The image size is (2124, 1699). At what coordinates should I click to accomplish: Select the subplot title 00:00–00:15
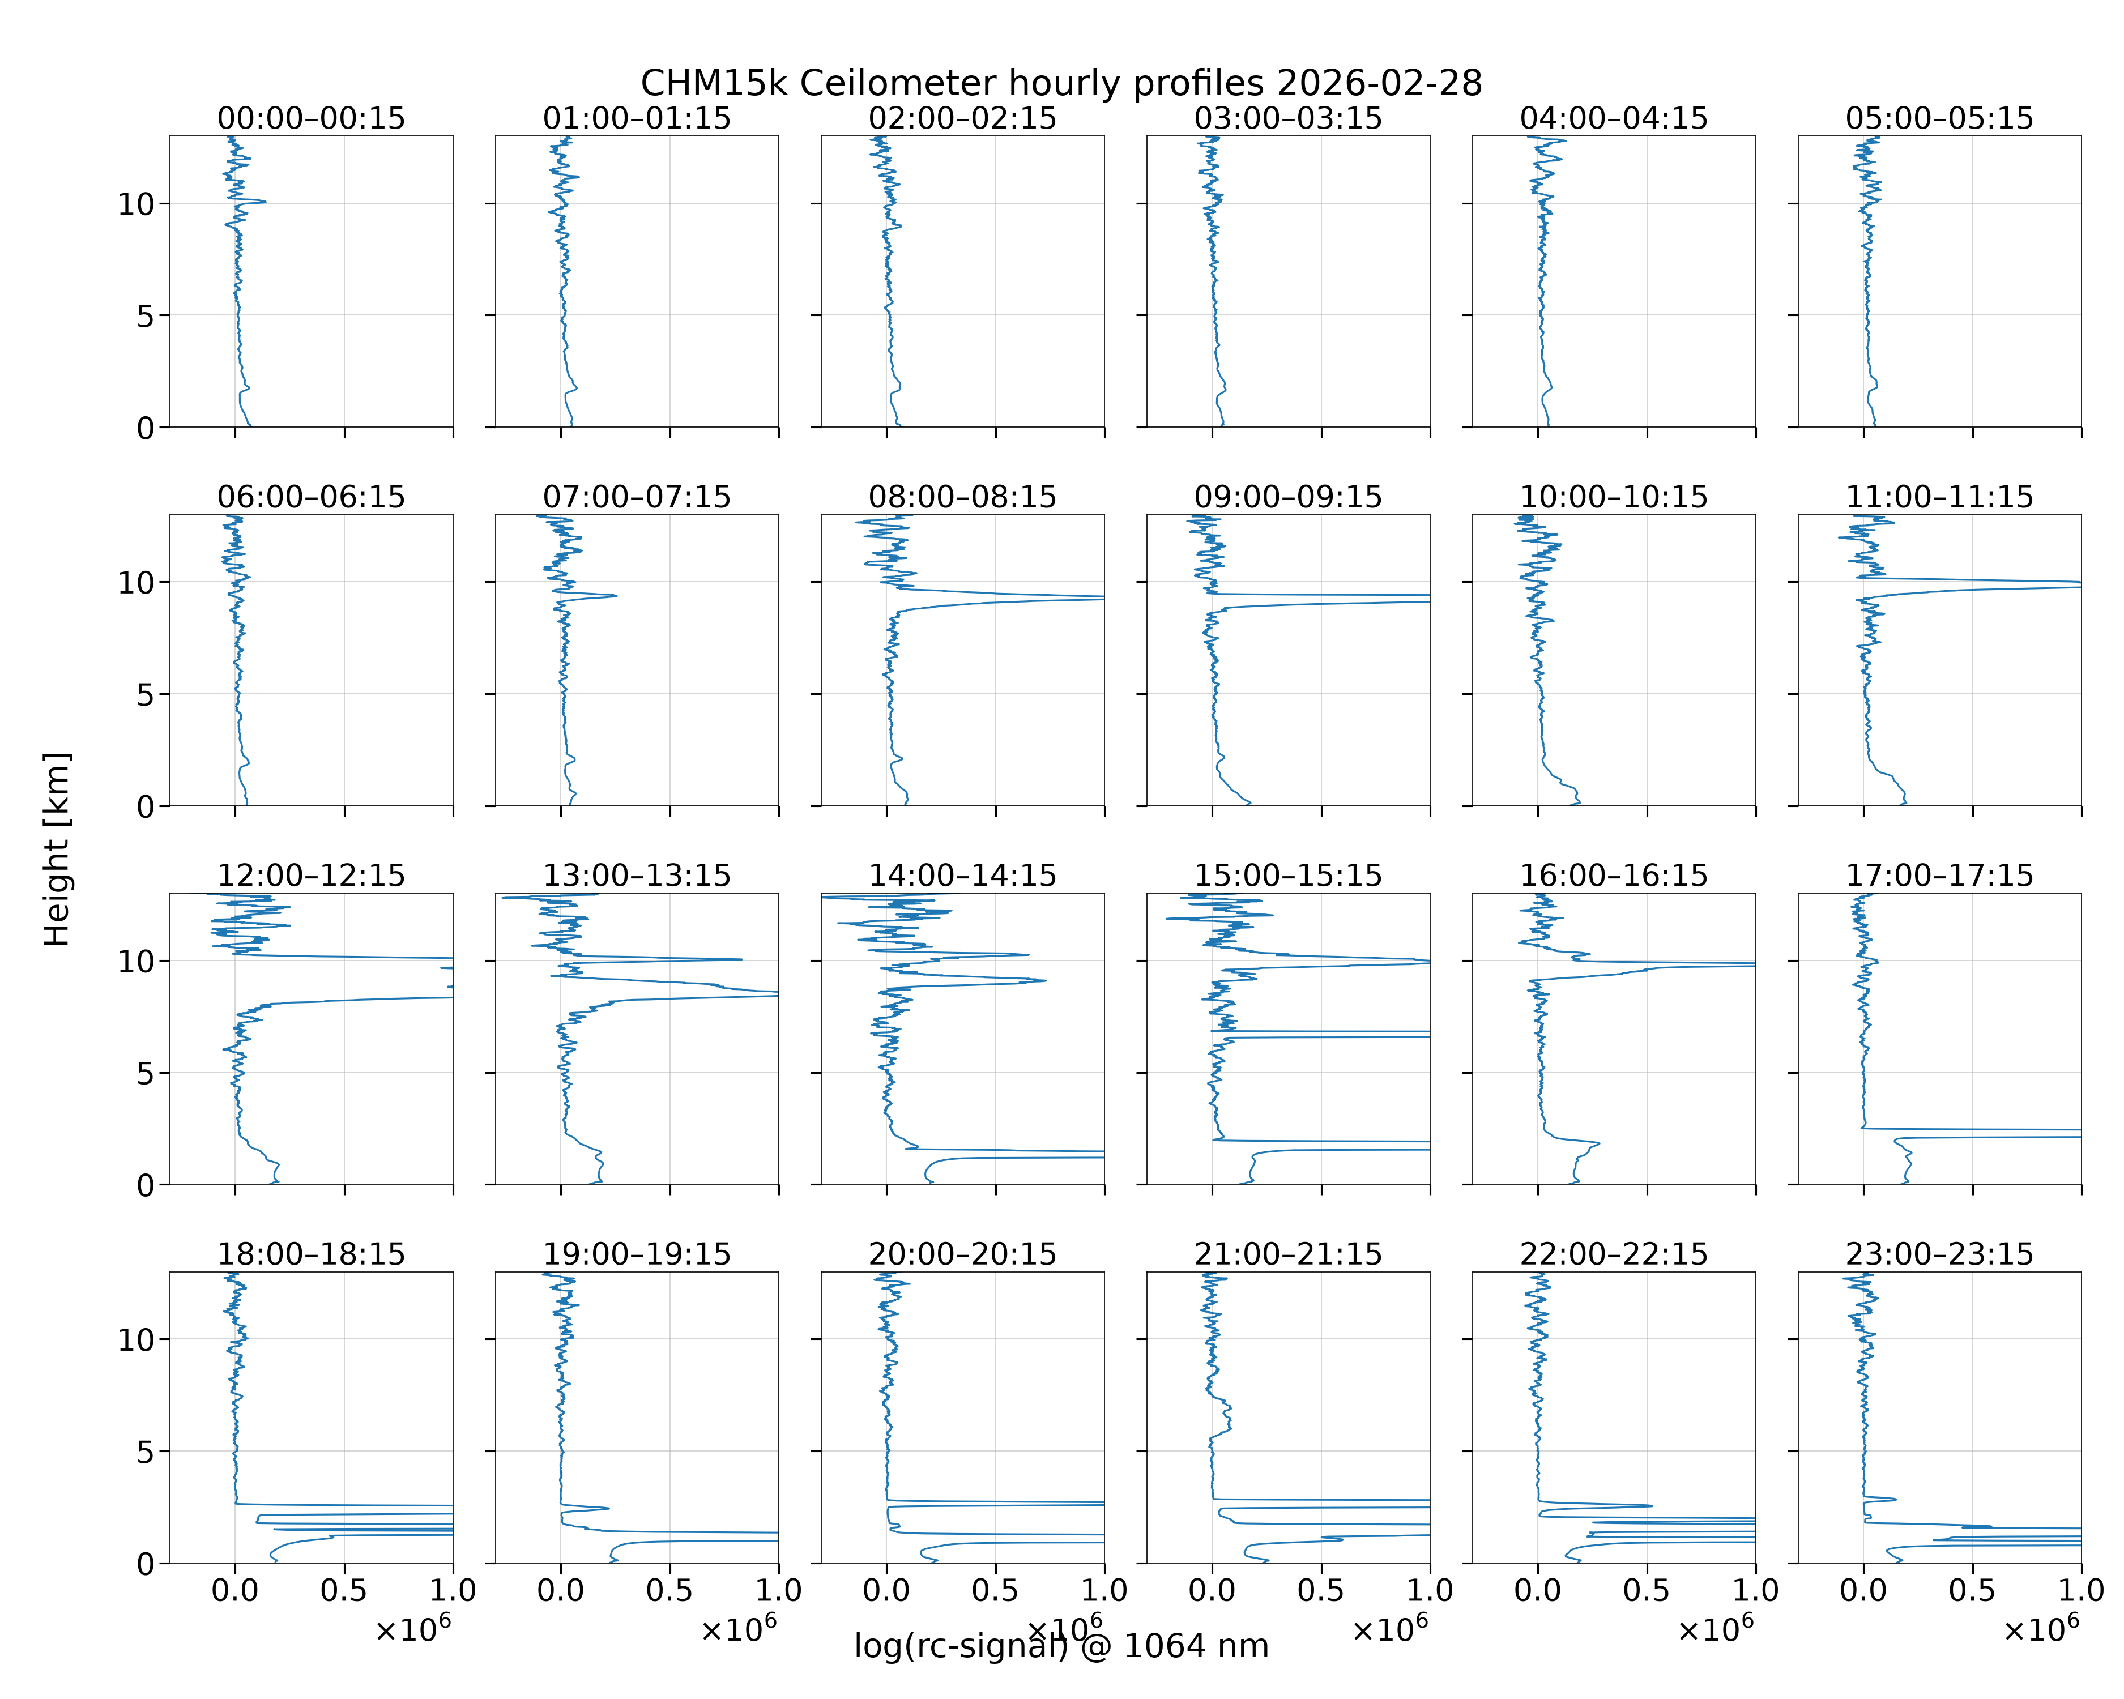pyautogui.click(x=312, y=118)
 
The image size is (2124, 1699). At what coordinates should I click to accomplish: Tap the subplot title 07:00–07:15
pyautogui.click(x=637, y=497)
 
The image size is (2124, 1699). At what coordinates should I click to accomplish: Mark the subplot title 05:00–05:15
pyautogui.click(x=1940, y=118)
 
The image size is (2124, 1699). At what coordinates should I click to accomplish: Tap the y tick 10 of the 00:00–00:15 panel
pyautogui.click(x=137, y=204)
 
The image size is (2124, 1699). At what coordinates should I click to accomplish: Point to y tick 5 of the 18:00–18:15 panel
pyautogui.click(x=146, y=1452)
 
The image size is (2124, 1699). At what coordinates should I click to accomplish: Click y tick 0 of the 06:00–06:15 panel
pyautogui.click(x=146, y=806)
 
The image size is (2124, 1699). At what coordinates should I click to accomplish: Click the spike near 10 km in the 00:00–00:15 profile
pyautogui.click(x=264, y=202)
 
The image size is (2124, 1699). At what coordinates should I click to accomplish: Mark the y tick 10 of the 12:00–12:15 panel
pyautogui.click(x=137, y=961)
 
